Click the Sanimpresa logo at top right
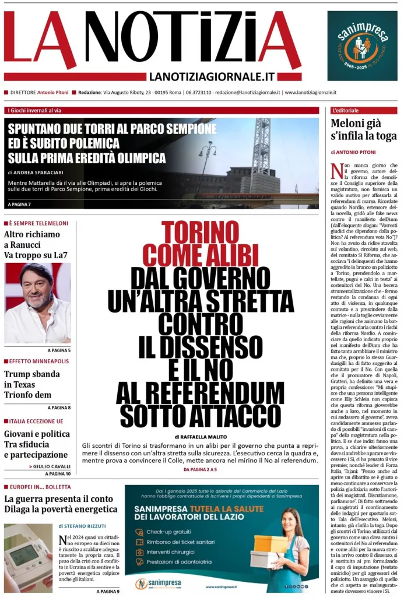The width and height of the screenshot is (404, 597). [362, 46]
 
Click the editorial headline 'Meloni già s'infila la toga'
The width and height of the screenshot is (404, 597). [364, 129]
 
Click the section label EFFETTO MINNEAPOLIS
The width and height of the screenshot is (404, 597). [38, 361]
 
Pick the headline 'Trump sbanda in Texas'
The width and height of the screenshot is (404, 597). [32, 379]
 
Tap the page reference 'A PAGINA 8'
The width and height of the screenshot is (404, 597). [59, 408]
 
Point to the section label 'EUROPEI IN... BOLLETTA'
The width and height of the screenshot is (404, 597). [40, 487]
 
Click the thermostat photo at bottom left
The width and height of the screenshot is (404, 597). [28, 556]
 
